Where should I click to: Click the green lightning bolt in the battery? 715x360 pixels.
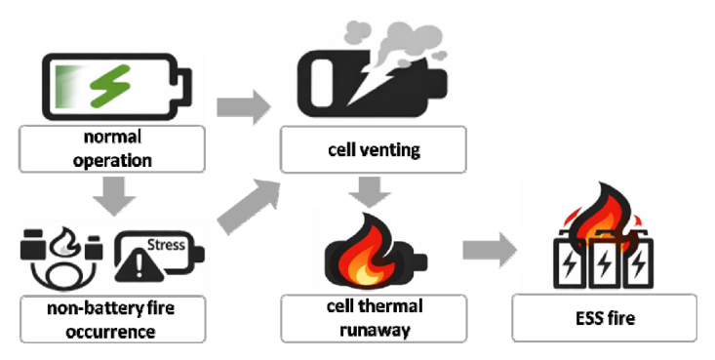click(110, 86)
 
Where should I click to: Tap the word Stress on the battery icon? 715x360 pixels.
click(166, 245)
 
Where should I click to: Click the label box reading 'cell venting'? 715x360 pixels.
click(373, 149)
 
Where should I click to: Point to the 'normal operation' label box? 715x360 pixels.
click(112, 148)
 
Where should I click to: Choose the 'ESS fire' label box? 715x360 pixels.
click(605, 318)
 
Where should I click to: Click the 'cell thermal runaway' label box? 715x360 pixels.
click(374, 318)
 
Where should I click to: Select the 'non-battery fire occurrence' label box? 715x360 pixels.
click(112, 319)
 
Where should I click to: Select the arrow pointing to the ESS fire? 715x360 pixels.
click(490, 250)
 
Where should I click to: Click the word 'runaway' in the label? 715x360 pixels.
click(375, 330)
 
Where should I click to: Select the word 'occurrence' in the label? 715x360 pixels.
click(110, 332)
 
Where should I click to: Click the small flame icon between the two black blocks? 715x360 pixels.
click(65, 244)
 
